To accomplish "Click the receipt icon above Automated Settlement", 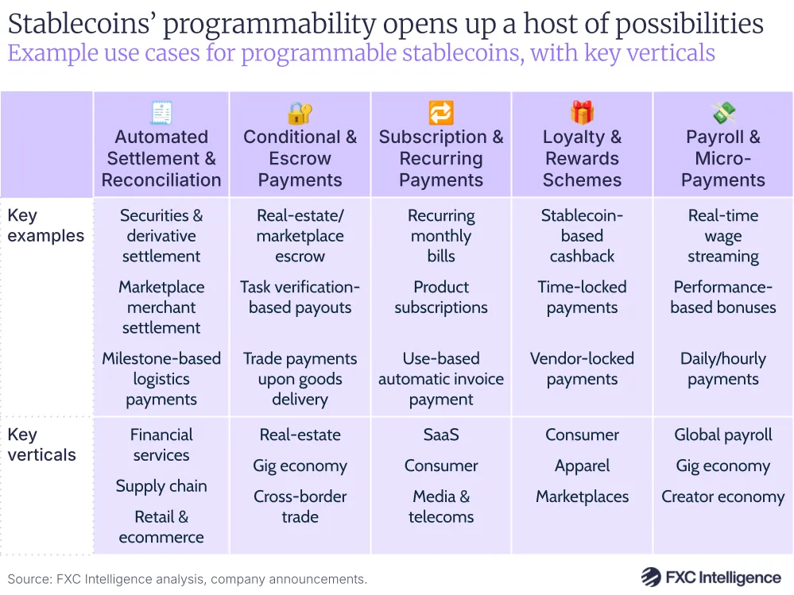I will (x=161, y=113).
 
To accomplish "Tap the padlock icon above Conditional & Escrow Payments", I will (x=300, y=113).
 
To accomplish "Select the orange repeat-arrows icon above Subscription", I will (x=441, y=113).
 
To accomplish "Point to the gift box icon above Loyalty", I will (x=582, y=113).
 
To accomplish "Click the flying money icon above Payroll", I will (x=723, y=113).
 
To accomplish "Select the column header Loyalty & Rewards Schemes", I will (x=582, y=158).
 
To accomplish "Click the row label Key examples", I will (x=45, y=226).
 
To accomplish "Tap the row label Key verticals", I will (x=41, y=445).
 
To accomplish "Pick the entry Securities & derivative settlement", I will (x=161, y=236).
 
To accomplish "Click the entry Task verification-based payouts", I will (x=300, y=297).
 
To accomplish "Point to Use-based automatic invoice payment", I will (x=441, y=379).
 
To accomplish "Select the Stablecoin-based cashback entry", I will (x=582, y=236).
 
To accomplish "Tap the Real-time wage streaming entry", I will (x=723, y=236).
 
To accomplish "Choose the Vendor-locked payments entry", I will (x=582, y=369).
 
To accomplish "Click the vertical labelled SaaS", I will (x=441, y=435).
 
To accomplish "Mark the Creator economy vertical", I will (x=723, y=496).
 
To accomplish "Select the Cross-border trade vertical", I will (x=300, y=506).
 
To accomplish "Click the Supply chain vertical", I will (x=161, y=486).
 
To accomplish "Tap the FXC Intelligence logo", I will (x=711, y=578).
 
